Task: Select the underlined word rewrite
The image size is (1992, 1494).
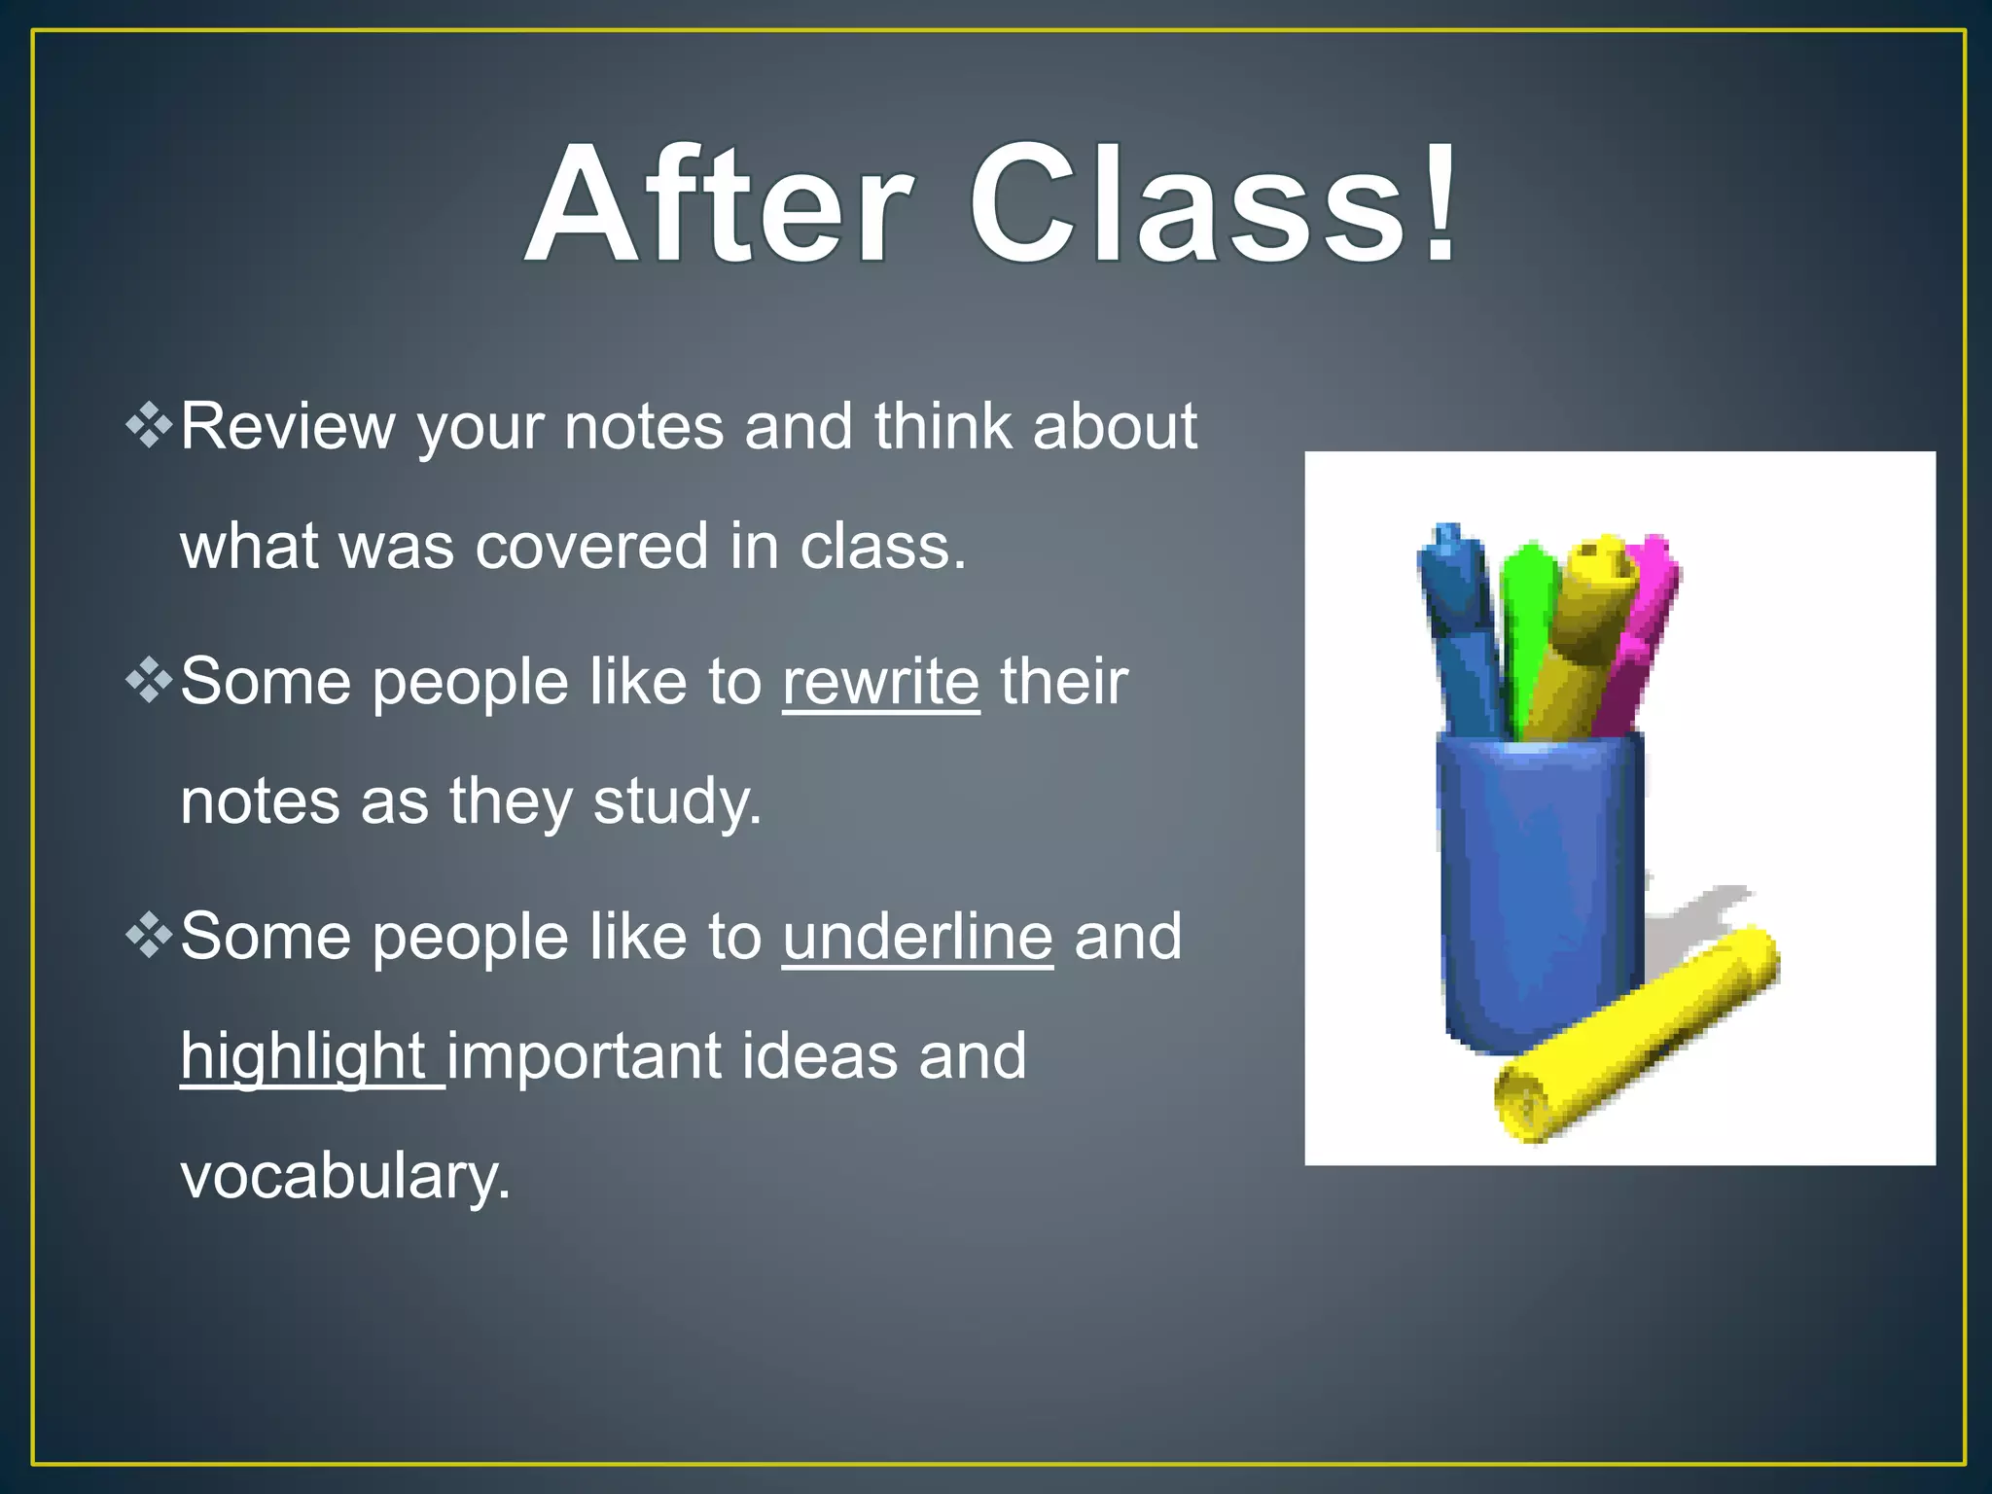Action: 880,682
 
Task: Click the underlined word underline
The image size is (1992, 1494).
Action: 917,937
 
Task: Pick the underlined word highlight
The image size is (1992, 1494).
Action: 303,1056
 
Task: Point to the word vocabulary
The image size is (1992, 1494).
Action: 345,1177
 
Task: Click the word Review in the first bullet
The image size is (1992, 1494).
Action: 288,427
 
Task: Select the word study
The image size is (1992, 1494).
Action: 677,802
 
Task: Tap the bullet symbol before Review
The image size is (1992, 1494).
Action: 149,426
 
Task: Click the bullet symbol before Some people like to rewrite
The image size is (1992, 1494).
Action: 149,681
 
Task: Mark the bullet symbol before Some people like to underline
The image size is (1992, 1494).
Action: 149,936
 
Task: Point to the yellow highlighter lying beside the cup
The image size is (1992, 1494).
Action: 1634,1036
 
